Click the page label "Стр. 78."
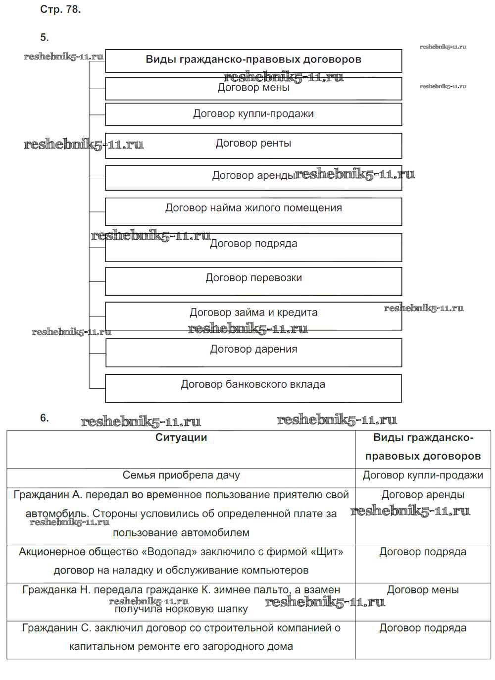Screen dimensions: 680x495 point(60,9)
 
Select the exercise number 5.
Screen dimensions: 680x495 point(45,38)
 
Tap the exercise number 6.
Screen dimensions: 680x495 point(45,418)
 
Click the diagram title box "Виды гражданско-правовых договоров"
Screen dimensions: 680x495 point(253,60)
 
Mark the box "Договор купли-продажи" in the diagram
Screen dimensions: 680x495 point(253,114)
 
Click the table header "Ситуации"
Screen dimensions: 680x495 point(181,438)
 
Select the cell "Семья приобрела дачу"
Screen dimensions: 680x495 point(181,475)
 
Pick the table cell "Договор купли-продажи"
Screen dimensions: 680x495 point(423,475)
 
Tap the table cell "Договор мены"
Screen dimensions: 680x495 point(423,590)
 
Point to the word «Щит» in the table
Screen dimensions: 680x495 point(327,552)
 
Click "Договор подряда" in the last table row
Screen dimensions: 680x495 point(423,628)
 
